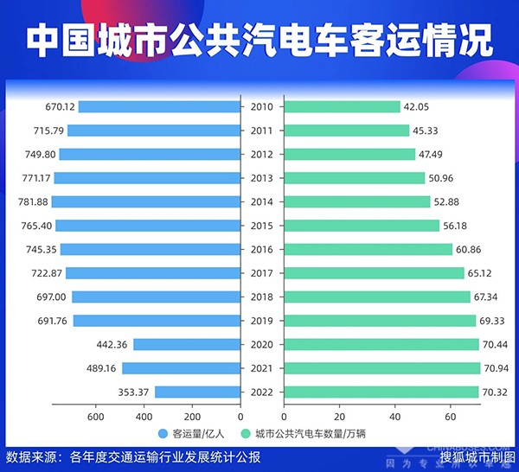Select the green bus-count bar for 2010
click(x=342, y=107)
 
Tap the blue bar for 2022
click(x=197, y=392)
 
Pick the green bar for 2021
click(x=381, y=368)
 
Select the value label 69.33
click(x=496, y=321)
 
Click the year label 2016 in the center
click(x=261, y=249)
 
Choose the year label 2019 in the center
click(x=261, y=321)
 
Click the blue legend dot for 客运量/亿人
click(x=163, y=434)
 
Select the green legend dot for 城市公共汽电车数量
click(x=245, y=434)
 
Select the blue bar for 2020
click(x=187, y=344)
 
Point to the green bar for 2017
click(x=374, y=273)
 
